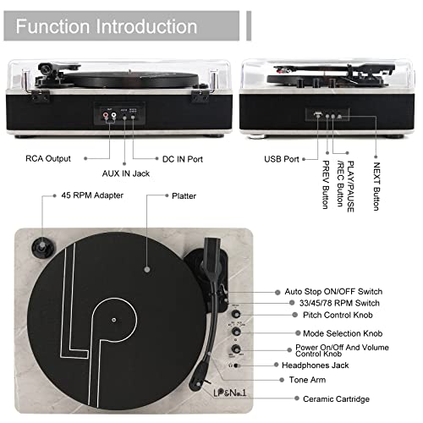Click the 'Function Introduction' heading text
click(107, 26)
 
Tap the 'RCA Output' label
click(48, 158)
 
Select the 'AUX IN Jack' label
click(126, 173)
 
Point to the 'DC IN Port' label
click(183, 159)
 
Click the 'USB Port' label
click(282, 159)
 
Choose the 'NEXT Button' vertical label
click(376, 186)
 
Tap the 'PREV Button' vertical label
click(326, 184)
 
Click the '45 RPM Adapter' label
click(92, 195)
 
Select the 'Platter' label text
click(184, 196)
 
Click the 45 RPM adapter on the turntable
click(43, 247)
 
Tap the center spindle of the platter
click(113, 320)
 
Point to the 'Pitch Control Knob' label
click(338, 315)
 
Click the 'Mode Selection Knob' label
click(343, 333)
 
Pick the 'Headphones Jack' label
click(316, 365)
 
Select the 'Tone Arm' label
click(307, 380)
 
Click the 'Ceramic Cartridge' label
click(336, 398)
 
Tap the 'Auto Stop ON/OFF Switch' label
click(333, 291)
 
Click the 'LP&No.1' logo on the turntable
click(230, 393)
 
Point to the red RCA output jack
click(106, 115)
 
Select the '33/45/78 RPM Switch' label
click(339, 303)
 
